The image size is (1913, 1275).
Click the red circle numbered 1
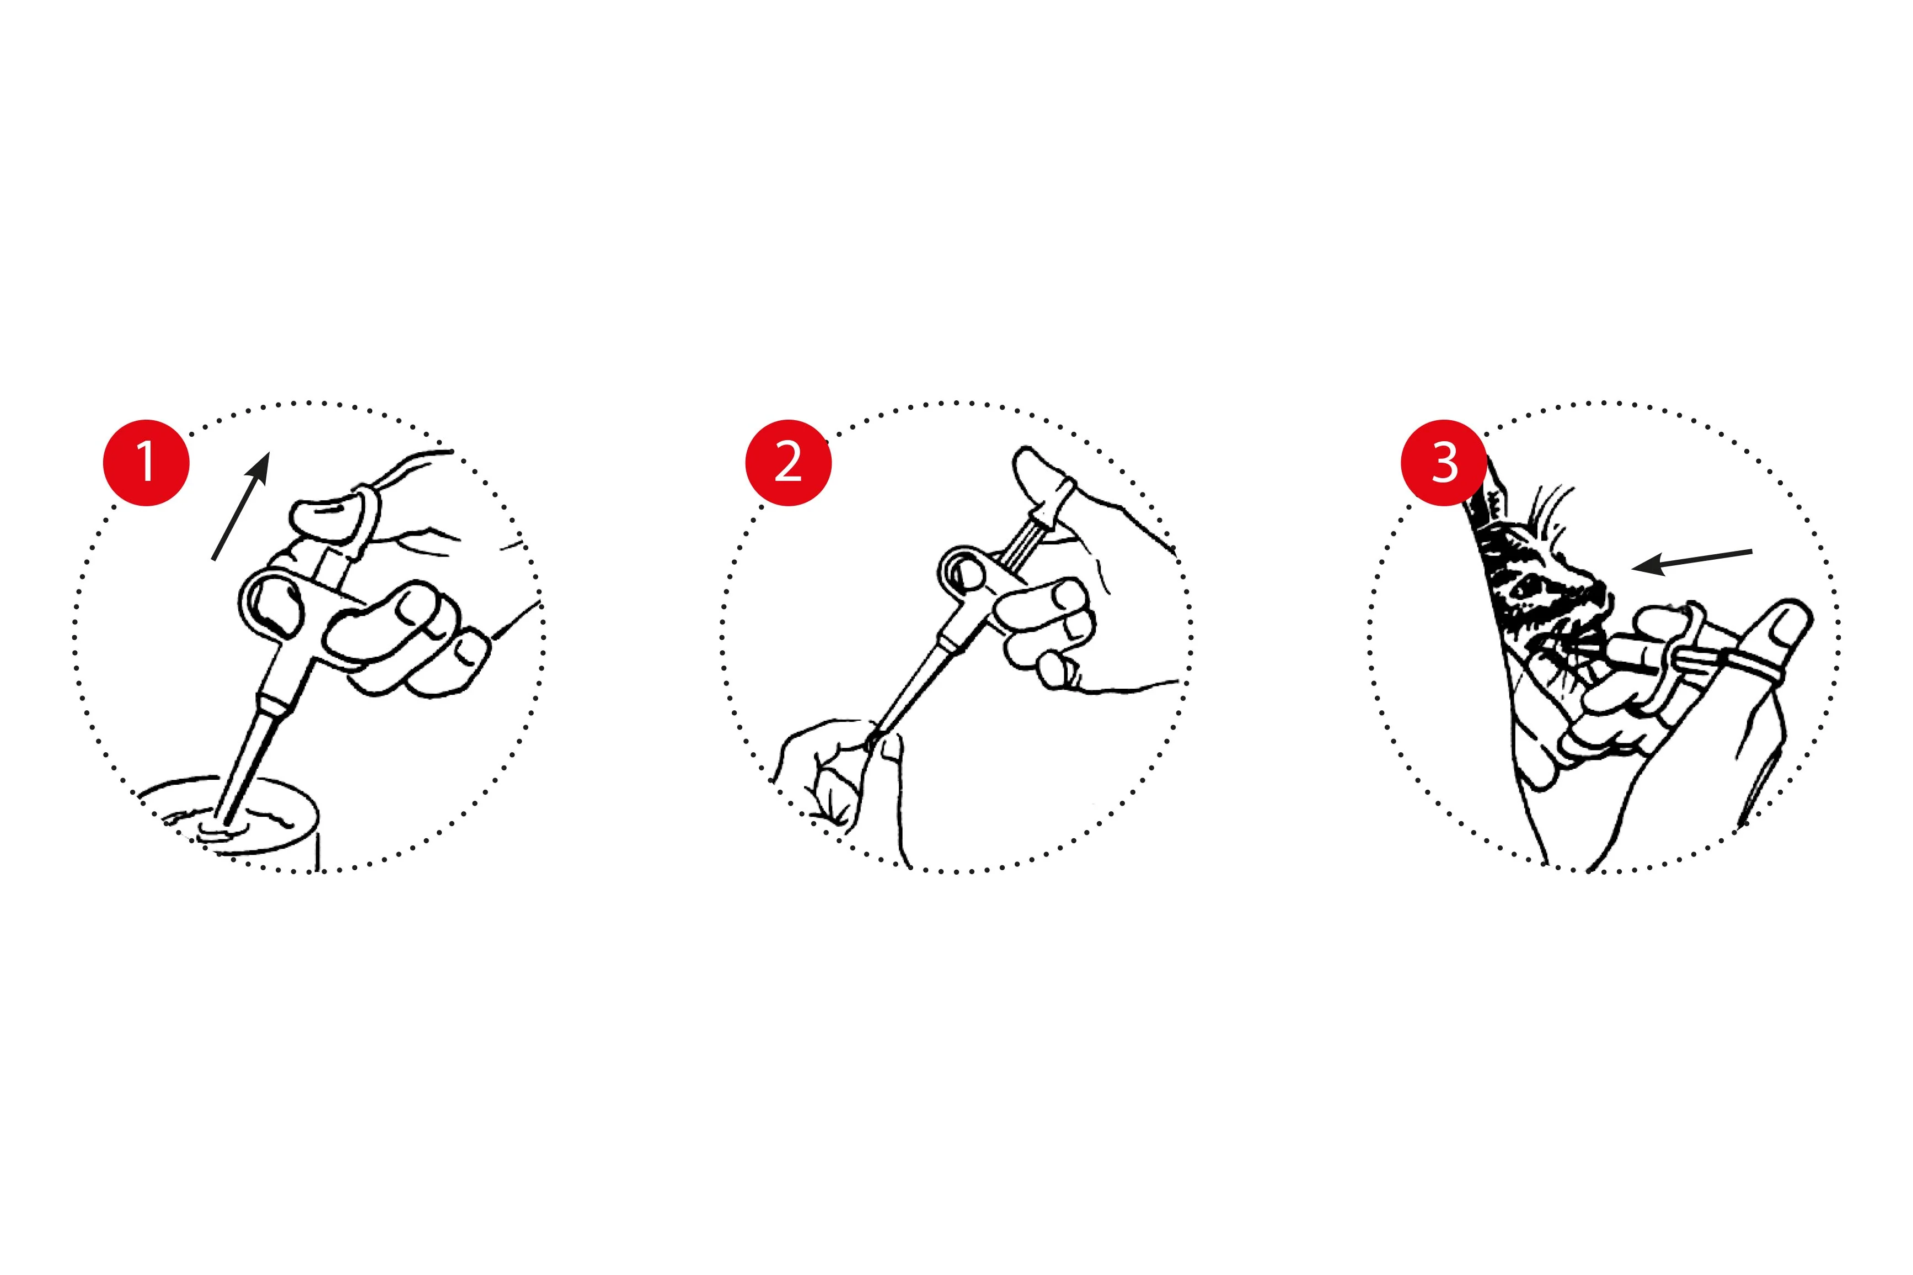(x=146, y=463)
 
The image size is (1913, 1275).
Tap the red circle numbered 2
(x=788, y=463)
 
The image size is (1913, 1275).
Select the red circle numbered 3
(x=1443, y=463)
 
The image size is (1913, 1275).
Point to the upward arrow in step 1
(x=240, y=506)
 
